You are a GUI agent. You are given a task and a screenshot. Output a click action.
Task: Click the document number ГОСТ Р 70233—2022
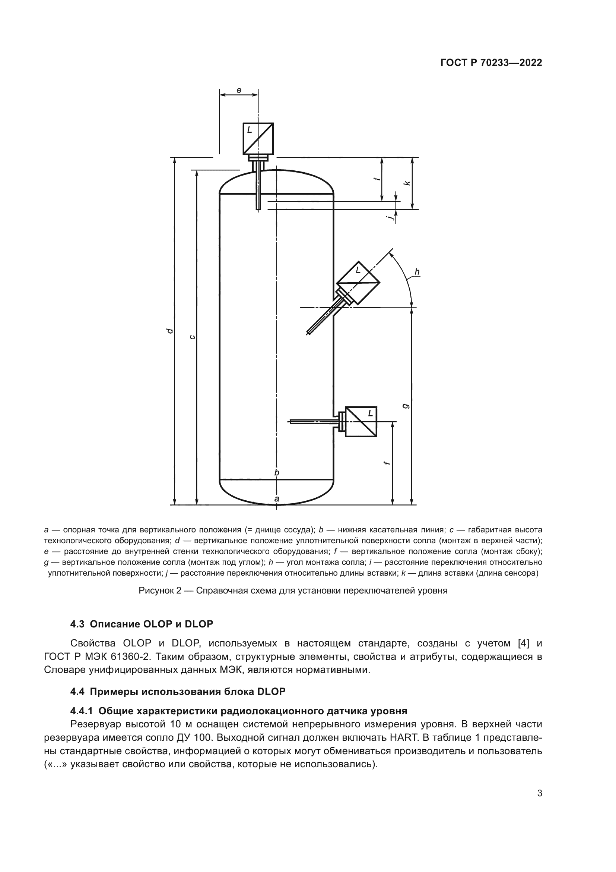click(491, 63)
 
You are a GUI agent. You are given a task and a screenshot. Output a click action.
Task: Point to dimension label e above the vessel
click(239, 90)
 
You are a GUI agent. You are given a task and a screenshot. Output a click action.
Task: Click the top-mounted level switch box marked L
click(258, 138)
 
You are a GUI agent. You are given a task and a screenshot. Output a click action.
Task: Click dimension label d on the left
click(170, 331)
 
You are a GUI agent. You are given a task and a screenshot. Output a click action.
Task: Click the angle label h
click(417, 271)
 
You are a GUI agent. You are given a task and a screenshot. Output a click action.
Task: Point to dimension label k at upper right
click(407, 183)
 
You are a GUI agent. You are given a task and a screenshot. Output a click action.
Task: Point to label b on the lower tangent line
click(277, 472)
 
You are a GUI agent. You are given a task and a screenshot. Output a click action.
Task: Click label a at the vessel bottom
click(277, 499)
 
